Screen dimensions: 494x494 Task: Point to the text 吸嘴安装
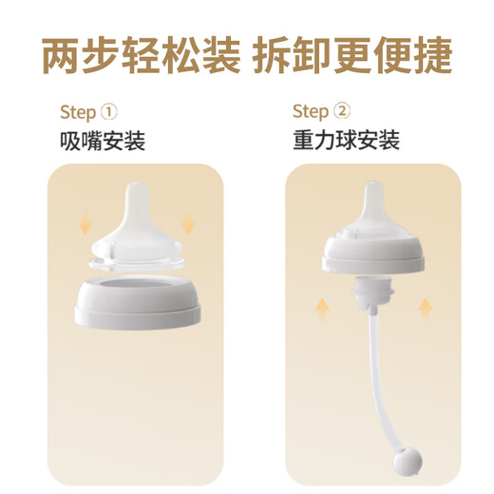coord(102,142)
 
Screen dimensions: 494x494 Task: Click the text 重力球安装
coord(346,142)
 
